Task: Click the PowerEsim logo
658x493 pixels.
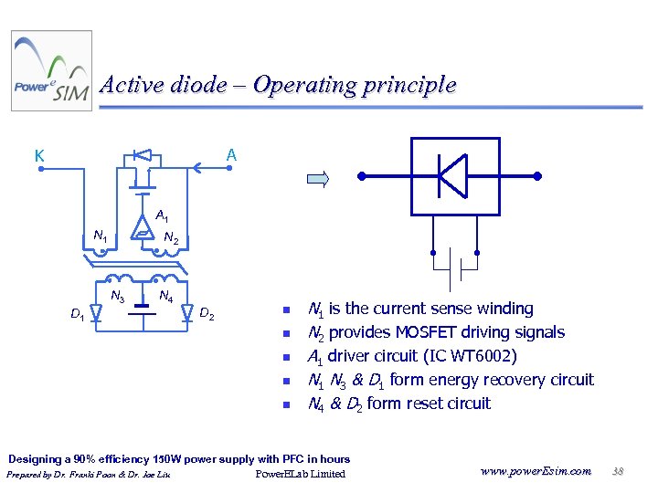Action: [51, 71]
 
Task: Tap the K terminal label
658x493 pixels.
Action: [39, 155]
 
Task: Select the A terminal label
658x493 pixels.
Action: [232, 155]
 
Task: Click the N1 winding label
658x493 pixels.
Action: [101, 237]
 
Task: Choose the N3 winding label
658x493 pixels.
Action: [118, 296]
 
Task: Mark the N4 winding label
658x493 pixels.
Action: [166, 296]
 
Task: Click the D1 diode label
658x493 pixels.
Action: [78, 315]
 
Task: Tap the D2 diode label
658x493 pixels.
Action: [207, 315]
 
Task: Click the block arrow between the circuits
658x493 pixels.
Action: [318, 179]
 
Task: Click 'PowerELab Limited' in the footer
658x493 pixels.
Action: [301, 474]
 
